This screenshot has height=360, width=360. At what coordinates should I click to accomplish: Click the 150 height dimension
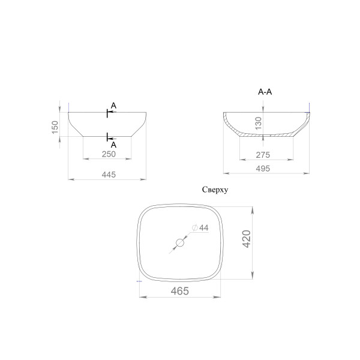pos(55,127)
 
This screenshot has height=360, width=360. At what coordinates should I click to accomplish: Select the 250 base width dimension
pos(109,154)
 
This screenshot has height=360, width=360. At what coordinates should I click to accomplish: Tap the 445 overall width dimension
pos(109,175)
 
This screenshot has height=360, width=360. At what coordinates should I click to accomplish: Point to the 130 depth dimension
pos(258,123)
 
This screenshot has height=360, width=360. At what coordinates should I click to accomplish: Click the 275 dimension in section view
pos(263,155)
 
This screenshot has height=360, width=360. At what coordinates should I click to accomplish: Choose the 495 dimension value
pos(263,169)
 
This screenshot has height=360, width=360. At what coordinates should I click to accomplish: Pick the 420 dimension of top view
pos(247,239)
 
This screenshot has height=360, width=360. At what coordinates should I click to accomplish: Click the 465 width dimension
pos(180,291)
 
